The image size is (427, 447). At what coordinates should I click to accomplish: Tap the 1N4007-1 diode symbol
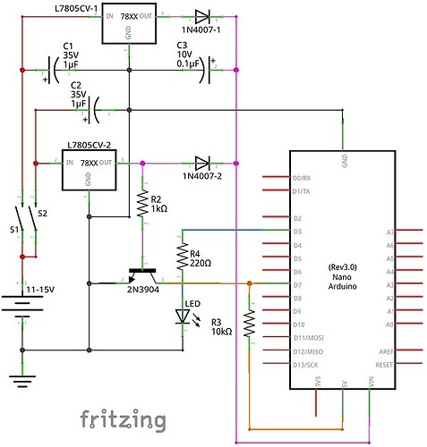[202, 16]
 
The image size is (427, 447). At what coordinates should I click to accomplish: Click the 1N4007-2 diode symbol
[202, 163]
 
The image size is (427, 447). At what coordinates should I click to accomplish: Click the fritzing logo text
[122, 417]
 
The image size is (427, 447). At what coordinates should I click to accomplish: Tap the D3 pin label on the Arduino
[297, 232]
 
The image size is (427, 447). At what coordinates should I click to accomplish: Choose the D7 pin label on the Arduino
[297, 284]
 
